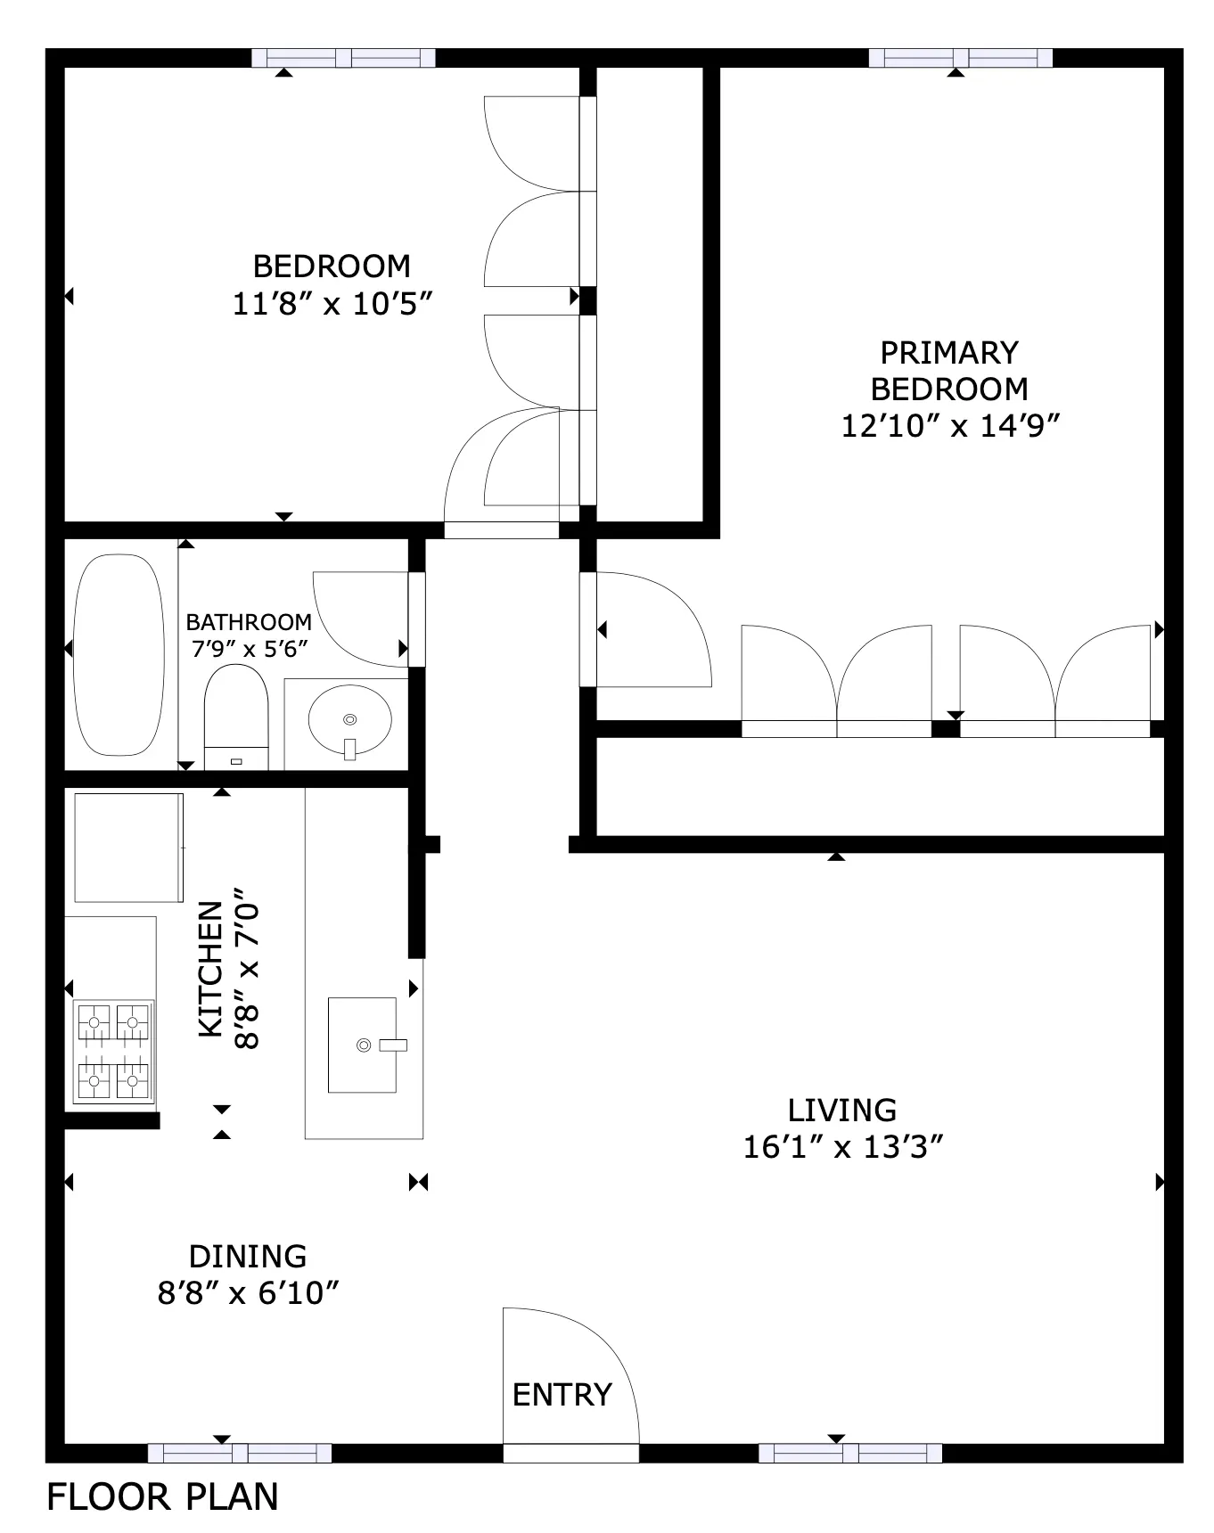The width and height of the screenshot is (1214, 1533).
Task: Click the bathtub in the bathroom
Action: [119, 655]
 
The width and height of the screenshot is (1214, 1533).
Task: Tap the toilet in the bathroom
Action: [236, 717]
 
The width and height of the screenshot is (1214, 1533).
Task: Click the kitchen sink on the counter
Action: [363, 1045]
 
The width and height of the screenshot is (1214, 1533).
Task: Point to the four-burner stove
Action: [113, 1053]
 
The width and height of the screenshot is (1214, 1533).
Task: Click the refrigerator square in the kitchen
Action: [128, 848]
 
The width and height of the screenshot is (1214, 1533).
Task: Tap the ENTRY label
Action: [562, 1394]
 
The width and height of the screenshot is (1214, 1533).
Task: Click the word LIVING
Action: [842, 1110]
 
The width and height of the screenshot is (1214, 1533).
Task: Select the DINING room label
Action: [248, 1256]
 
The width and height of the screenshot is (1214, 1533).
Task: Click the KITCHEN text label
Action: [210, 969]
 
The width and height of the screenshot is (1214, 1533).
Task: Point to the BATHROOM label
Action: [249, 621]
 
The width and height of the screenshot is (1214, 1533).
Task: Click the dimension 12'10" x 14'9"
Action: [950, 426]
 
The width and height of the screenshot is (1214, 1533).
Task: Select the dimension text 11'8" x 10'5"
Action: [332, 304]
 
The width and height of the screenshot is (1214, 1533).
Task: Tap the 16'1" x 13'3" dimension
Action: [843, 1146]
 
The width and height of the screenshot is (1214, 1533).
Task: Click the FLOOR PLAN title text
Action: [162, 1496]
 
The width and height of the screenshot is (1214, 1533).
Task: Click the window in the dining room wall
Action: [240, 1453]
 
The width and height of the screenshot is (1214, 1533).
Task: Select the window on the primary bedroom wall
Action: [961, 58]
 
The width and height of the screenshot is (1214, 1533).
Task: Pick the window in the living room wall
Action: [850, 1453]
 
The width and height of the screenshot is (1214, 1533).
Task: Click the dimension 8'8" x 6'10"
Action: [249, 1292]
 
